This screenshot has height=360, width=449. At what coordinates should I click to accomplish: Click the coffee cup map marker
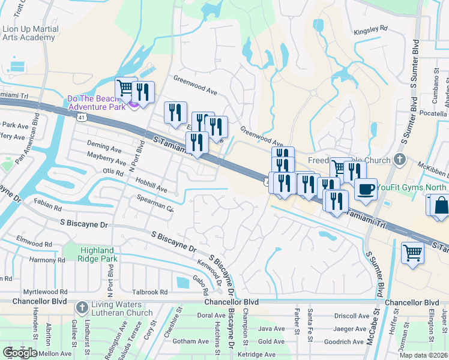(366, 190)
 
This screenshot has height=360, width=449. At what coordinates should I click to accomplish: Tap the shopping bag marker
(441, 205)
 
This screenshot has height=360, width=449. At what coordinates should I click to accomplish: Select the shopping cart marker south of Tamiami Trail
(413, 253)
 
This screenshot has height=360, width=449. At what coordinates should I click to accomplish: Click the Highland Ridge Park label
(97, 254)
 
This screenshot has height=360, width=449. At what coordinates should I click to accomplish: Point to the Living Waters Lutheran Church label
(122, 308)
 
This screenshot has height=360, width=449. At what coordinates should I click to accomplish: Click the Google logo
(20, 353)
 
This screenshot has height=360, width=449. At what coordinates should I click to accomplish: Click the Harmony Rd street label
(47, 260)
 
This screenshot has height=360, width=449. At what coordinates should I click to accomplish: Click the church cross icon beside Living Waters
(82, 308)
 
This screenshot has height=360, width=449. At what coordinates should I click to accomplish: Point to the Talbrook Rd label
(150, 292)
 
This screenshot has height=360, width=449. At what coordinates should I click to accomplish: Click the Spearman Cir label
(155, 205)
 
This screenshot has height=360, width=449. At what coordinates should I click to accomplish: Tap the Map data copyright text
(424, 355)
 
